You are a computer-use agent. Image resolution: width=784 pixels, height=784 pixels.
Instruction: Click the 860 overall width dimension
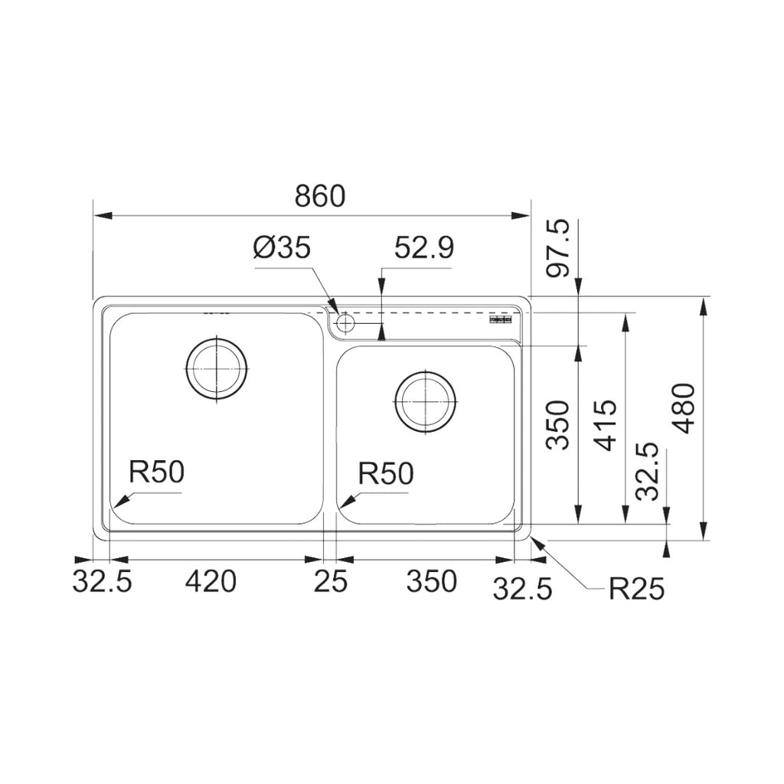click(x=320, y=197)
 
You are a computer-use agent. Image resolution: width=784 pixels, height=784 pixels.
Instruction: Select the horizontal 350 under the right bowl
click(x=431, y=582)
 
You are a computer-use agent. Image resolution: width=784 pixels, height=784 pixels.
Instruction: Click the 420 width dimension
click(x=211, y=582)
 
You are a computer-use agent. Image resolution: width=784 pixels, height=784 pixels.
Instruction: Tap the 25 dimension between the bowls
click(x=330, y=582)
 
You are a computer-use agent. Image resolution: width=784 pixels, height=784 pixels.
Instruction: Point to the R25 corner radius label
click(x=636, y=590)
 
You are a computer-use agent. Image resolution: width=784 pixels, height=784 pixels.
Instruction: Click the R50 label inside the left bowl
click(x=156, y=473)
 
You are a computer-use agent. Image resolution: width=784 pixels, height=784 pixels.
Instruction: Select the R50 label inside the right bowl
click(x=386, y=474)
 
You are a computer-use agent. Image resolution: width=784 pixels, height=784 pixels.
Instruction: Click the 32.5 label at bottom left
click(x=102, y=582)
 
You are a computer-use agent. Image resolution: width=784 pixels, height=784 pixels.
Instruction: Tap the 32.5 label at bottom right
click(x=522, y=590)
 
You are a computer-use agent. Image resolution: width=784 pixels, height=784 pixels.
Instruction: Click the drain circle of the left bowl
click(x=217, y=368)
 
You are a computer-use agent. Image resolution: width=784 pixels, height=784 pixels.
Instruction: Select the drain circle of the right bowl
click(x=425, y=401)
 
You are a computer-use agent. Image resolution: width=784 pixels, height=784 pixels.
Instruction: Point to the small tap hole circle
click(x=345, y=322)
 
